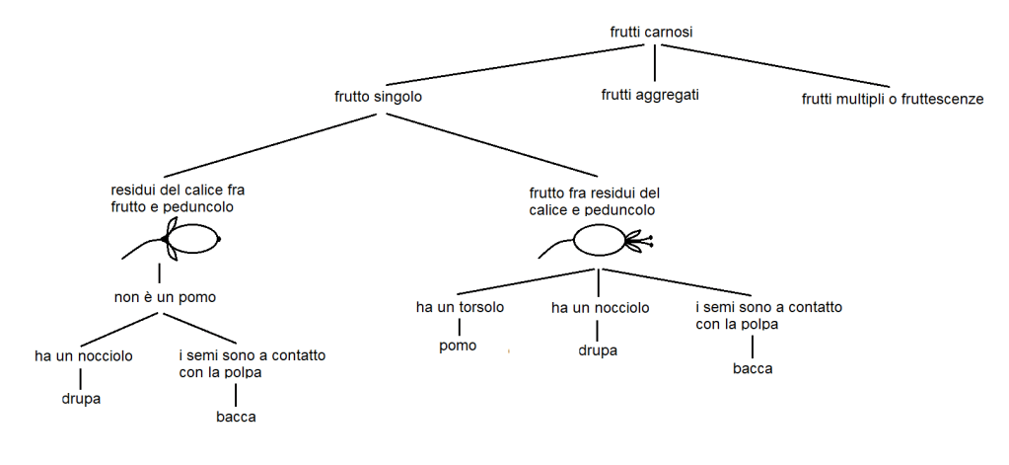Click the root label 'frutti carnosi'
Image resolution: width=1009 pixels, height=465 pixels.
click(651, 33)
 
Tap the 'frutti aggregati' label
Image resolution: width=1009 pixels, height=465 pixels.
click(650, 96)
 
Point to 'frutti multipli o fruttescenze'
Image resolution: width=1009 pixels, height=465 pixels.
click(892, 99)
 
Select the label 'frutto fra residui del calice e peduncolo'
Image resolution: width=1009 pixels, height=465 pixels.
click(594, 200)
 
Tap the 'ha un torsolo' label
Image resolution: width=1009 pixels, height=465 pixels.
click(460, 307)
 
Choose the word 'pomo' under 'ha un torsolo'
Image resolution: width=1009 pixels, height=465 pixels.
click(458, 346)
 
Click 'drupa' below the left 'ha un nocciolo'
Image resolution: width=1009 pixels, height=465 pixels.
click(80, 399)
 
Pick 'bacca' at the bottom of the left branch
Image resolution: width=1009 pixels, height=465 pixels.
click(236, 417)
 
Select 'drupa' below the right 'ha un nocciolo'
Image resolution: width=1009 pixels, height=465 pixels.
click(598, 350)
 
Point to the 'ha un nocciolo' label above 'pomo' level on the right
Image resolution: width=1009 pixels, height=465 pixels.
click(600, 308)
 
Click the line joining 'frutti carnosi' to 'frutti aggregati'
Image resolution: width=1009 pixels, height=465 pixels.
click(655, 63)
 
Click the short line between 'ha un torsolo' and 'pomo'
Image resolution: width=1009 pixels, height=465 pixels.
click(460, 326)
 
